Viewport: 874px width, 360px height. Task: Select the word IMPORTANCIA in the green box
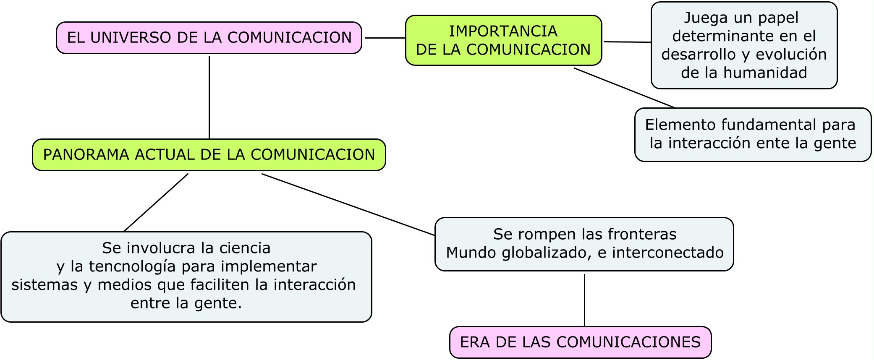click(503, 31)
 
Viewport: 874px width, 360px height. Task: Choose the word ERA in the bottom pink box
click(475, 342)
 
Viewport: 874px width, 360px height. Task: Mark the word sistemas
click(44, 285)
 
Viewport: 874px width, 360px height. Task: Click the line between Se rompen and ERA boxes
click(584, 300)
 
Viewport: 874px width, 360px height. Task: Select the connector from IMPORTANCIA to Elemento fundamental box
click(624, 88)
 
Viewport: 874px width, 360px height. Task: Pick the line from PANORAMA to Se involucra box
click(156, 202)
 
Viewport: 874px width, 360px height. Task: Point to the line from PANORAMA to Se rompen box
click(348, 204)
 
